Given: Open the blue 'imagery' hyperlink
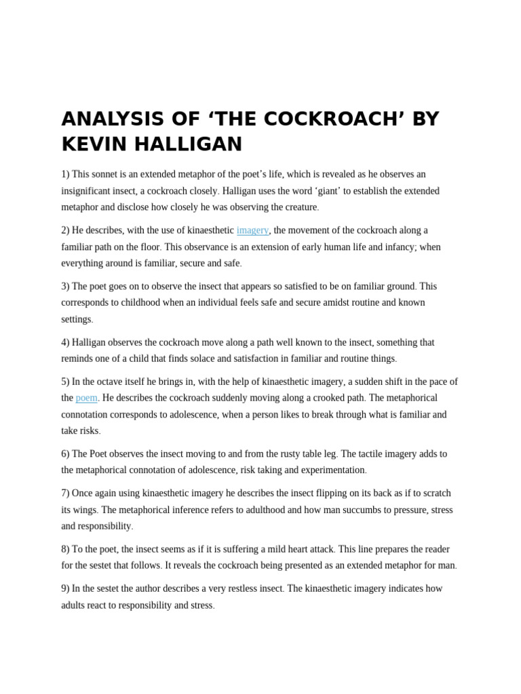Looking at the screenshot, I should click(x=252, y=230).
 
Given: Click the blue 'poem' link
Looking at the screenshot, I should click(x=86, y=398).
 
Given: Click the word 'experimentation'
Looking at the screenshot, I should click(x=332, y=470).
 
